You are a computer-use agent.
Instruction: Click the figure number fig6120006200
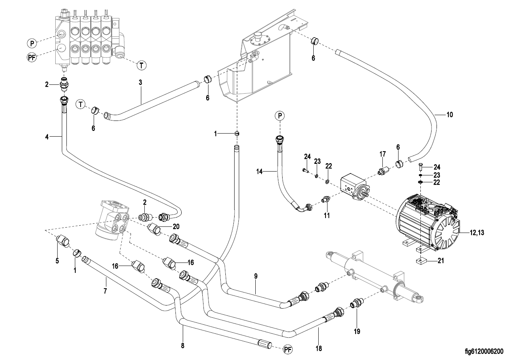[483, 351]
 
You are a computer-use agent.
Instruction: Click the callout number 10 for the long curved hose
[450, 114]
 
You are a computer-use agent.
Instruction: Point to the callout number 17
[383, 154]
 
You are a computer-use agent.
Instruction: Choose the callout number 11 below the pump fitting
[327, 216]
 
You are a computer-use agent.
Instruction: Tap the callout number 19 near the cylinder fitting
[357, 331]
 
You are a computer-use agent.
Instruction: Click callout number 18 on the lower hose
[319, 348]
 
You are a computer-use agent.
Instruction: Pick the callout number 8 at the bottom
[183, 346]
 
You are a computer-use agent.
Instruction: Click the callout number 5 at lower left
[57, 261]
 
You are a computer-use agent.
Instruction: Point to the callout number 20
[176, 226]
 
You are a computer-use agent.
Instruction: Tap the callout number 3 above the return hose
[141, 82]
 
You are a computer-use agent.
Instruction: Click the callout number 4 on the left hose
[47, 136]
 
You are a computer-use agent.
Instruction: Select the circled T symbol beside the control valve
[142, 66]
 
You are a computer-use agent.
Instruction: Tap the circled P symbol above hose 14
[280, 115]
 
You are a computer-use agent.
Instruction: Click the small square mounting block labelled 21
[421, 261]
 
